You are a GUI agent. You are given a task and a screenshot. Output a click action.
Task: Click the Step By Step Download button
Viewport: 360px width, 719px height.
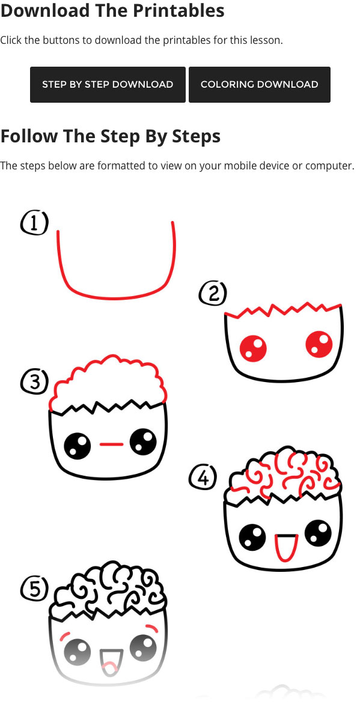tap(108, 84)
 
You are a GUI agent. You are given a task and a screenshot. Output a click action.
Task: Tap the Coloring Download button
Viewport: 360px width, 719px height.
tap(260, 84)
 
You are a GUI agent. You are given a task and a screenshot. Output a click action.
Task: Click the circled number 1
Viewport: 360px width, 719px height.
tap(34, 223)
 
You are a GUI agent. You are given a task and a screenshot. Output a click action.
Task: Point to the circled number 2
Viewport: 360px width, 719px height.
tap(213, 293)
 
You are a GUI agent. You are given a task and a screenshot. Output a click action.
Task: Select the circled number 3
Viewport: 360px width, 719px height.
tap(34, 382)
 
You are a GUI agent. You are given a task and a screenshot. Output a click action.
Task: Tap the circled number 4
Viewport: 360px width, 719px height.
tap(203, 478)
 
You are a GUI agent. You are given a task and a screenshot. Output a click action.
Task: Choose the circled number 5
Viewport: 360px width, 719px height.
tap(34, 589)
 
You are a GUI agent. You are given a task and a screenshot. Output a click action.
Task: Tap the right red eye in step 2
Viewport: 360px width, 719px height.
tap(319, 345)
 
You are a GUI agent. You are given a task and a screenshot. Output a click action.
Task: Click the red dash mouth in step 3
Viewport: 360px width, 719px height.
tap(111, 444)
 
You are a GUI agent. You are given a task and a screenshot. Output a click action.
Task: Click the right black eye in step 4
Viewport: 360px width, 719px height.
tap(319, 533)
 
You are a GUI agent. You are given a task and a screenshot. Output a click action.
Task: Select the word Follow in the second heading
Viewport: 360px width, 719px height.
tap(29, 136)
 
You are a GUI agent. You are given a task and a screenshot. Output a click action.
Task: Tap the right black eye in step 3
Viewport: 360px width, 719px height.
tap(143, 442)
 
